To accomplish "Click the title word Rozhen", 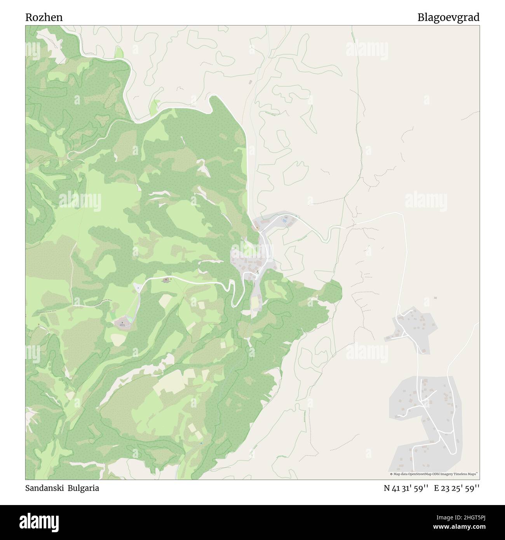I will [44, 17].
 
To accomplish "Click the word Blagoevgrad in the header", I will [448, 17].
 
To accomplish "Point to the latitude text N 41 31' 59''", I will [406, 488].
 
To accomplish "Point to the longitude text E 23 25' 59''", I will [457, 488].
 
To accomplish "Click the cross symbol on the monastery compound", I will [122, 322].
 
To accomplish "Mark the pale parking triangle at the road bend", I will [137, 288].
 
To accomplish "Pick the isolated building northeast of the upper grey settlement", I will [435, 298].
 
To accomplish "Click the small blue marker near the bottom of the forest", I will [201, 443].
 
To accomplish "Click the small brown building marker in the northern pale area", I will [250, 82].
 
